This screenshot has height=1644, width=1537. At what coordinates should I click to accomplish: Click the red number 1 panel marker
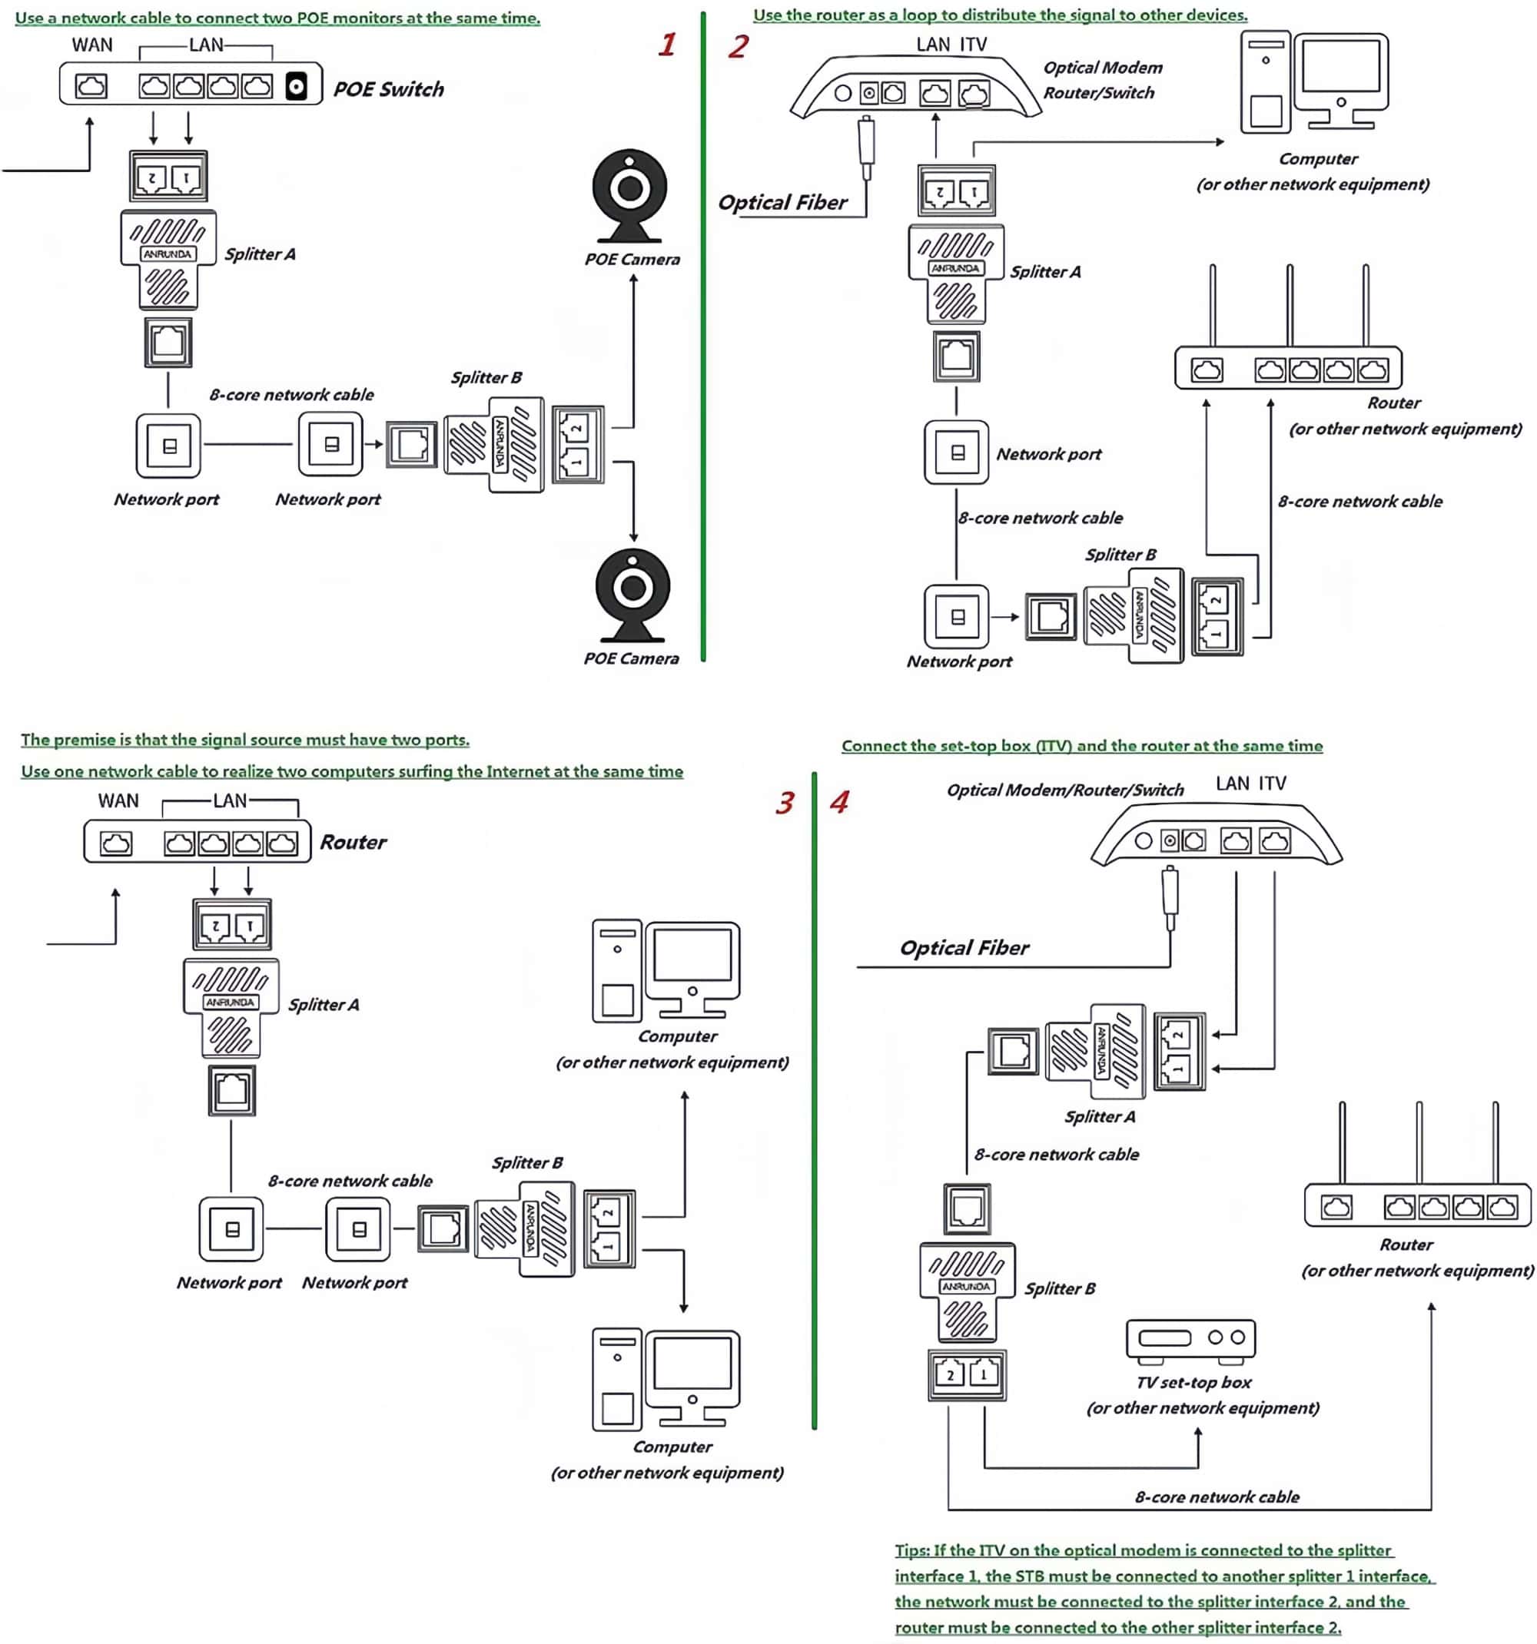coord(667,45)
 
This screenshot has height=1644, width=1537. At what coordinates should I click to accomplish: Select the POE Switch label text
coord(388,89)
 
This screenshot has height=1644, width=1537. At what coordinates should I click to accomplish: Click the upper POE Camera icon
coord(629,194)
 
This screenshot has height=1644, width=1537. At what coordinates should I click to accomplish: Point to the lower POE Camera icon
coord(632,594)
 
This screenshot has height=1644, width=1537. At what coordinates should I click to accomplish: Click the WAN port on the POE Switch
coord(91,86)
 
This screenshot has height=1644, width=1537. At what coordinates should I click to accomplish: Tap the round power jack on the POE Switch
coord(296,86)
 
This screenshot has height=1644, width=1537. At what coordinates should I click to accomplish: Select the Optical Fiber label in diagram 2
coord(782,203)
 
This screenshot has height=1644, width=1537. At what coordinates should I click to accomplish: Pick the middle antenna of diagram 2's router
coord(1289,306)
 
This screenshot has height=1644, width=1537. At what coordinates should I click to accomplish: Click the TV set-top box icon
coord(1190,1340)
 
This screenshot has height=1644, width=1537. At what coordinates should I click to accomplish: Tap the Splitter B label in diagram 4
coord(1060,1288)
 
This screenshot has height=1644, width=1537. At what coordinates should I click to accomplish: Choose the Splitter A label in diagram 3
coord(324,1005)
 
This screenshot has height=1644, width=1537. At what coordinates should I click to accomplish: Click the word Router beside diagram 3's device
coord(354,843)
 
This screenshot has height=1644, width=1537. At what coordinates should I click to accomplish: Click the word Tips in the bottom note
coord(911,1550)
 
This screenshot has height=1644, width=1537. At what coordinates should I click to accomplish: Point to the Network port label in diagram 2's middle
coord(1048,454)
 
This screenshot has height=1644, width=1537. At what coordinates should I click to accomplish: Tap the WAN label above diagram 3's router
coord(118,800)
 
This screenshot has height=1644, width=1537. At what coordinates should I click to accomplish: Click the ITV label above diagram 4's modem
coord(1273,783)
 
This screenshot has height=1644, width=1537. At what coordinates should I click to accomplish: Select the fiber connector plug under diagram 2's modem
coord(866,144)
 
